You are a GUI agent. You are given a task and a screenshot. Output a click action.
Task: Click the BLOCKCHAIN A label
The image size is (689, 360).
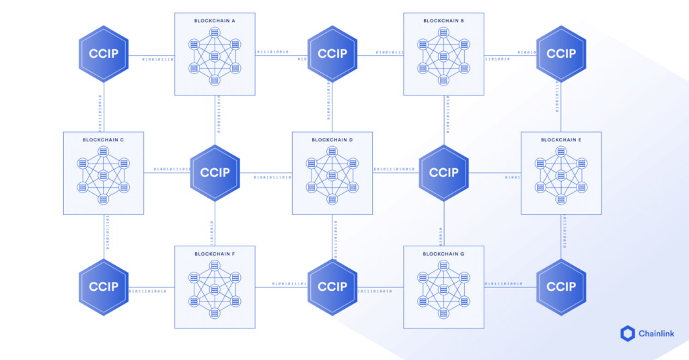[x=215, y=21]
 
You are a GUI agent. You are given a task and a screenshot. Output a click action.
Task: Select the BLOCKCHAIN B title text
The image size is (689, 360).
[x=443, y=21]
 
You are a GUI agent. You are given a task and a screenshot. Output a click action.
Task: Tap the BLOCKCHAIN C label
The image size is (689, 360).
[x=103, y=140]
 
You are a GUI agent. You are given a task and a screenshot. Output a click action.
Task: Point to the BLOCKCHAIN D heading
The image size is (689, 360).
[x=332, y=140]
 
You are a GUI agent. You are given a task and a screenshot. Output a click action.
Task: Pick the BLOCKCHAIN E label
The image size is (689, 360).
[x=561, y=140]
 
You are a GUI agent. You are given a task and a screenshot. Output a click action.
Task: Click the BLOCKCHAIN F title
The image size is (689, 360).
[x=215, y=254]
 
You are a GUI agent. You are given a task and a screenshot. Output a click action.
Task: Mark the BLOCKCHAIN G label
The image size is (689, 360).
[x=443, y=254]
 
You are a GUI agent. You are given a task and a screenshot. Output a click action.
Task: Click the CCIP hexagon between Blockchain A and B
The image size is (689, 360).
[x=332, y=54]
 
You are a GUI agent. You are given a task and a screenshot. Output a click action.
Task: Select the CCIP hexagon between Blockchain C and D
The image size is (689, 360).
[x=215, y=172]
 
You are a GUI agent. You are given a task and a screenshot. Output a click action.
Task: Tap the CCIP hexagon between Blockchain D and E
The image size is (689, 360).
[x=444, y=172]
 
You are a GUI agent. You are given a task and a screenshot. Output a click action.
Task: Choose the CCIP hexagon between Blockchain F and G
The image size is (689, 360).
[x=332, y=287]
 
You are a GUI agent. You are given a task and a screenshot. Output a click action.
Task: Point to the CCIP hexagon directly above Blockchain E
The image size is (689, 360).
[x=561, y=54]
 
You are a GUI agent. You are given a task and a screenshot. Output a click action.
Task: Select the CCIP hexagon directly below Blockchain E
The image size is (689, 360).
[x=561, y=287]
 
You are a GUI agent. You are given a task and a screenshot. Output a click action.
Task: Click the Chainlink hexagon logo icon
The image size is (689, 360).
[x=627, y=333]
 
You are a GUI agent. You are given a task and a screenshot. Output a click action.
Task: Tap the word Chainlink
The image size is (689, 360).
[x=657, y=334]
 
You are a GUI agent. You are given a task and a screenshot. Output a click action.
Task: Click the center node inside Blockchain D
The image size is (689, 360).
[x=332, y=176]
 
